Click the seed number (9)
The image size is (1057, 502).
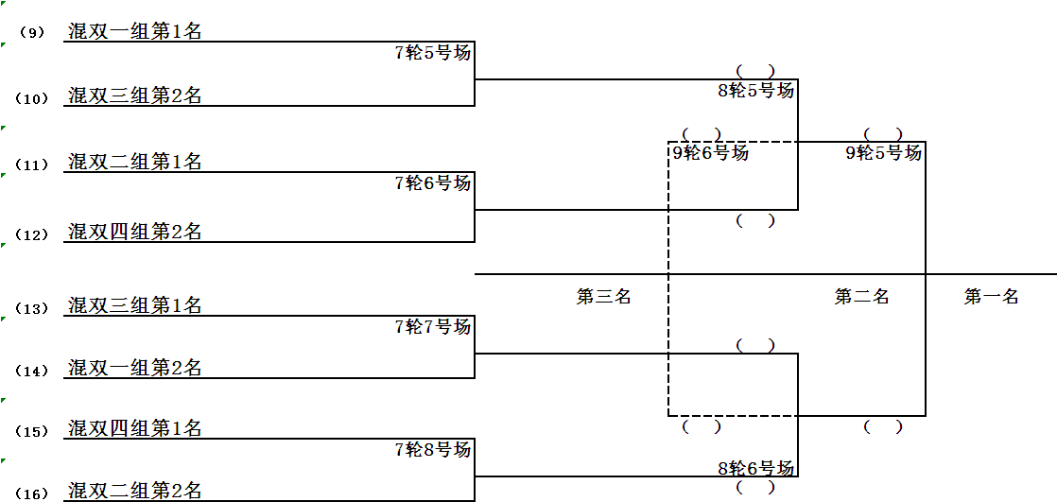pyautogui.click(x=31, y=33)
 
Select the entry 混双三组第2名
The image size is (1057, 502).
pyautogui.click(x=135, y=95)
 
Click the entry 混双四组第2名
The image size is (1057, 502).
pyautogui.click(x=135, y=232)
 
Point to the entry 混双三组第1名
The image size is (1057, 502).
pyautogui.click(x=135, y=305)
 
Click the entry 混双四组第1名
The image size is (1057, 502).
pyautogui.click(x=135, y=428)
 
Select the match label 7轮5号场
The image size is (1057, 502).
pyautogui.click(x=432, y=53)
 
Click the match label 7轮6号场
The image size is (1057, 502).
pyautogui.click(x=432, y=183)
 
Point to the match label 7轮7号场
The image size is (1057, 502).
pyautogui.click(x=432, y=327)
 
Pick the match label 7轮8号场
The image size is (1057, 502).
pyautogui.click(x=432, y=450)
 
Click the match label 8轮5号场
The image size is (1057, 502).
pyautogui.click(x=755, y=91)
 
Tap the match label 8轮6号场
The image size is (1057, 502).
pyautogui.click(x=755, y=468)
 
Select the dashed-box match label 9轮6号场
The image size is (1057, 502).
pyautogui.click(x=710, y=152)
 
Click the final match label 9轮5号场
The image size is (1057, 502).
pyautogui.click(x=883, y=152)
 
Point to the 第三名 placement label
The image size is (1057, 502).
pyautogui.click(x=604, y=297)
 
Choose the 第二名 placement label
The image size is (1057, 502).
pyautogui.click(x=861, y=297)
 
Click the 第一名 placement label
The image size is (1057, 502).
pyautogui.click(x=991, y=297)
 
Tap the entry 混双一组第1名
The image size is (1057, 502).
pyautogui.click(x=135, y=31)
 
